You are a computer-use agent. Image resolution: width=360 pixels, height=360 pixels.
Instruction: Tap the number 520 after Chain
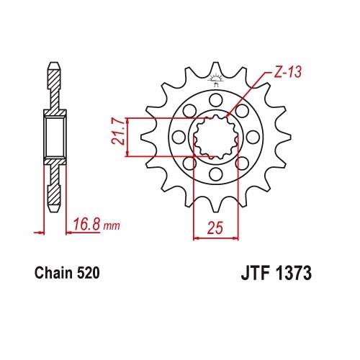click(86, 274)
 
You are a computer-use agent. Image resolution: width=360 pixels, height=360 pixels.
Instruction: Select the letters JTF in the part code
click(252, 274)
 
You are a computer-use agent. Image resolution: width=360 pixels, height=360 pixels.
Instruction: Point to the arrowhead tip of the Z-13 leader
click(227, 116)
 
